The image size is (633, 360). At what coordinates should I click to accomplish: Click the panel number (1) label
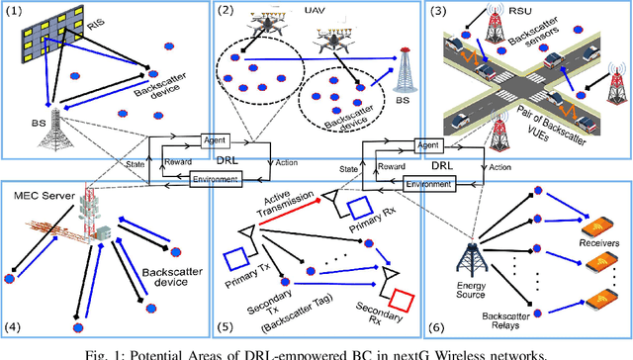tap(15, 12)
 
